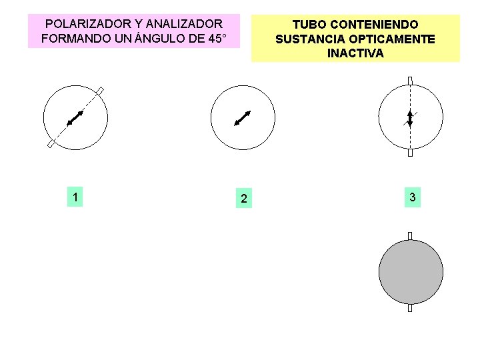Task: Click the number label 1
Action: [x=77, y=197]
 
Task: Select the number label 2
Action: [x=244, y=199]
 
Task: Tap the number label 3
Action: [x=413, y=197]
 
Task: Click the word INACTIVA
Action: [x=355, y=53]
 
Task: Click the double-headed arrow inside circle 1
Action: [x=75, y=118]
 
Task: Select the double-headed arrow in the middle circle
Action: [x=242, y=118]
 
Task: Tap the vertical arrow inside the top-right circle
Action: [x=410, y=117]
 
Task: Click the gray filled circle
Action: [x=411, y=272]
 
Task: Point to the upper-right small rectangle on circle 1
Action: [x=101, y=91]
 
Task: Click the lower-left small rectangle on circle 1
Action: [x=51, y=144]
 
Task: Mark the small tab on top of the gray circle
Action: [x=410, y=235]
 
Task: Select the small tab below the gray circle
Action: [x=410, y=308]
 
